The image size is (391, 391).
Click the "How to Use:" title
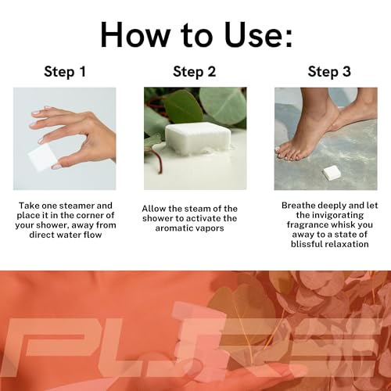(196, 35)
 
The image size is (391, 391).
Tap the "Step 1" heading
(65, 72)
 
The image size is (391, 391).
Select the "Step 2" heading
(195, 72)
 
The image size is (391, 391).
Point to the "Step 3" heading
(329, 72)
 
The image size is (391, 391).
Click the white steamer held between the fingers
(41, 157)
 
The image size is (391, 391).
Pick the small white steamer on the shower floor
(332, 173)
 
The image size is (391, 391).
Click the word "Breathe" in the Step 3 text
(299, 206)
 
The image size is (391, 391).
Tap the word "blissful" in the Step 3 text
(307, 244)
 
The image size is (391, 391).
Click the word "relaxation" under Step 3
(346, 244)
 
